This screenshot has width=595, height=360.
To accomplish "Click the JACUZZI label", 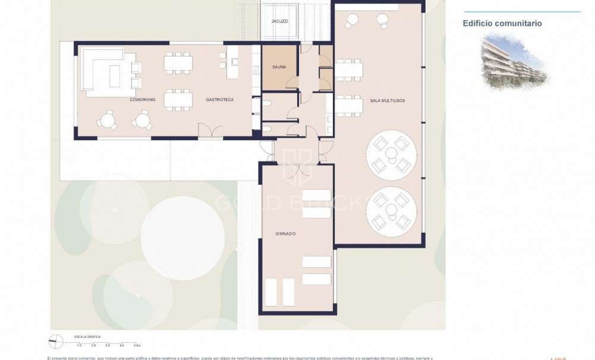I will (x=279, y=21).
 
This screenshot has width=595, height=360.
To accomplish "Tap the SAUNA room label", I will (x=279, y=67).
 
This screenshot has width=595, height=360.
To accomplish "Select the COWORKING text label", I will (x=143, y=100).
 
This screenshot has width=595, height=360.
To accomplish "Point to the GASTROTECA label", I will (x=220, y=100).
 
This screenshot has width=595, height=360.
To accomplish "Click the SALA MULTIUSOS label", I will (x=387, y=101).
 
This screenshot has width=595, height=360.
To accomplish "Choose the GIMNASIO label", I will (x=285, y=234).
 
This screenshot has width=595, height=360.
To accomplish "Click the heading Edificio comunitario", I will (x=502, y=24).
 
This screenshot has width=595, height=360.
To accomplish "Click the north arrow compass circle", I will (x=56, y=342).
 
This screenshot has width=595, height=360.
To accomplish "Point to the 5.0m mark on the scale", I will (x=137, y=345).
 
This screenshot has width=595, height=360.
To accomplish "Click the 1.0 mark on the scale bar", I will (x=80, y=345).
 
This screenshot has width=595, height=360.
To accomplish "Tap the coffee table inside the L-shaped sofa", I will (x=114, y=75).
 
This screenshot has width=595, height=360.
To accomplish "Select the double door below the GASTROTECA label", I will (x=210, y=132).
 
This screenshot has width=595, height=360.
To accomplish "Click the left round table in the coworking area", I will (x=108, y=121).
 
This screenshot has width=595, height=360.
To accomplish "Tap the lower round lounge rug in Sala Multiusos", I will (x=391, y=212).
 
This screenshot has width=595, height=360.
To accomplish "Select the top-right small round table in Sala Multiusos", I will (x=382, y=20).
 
